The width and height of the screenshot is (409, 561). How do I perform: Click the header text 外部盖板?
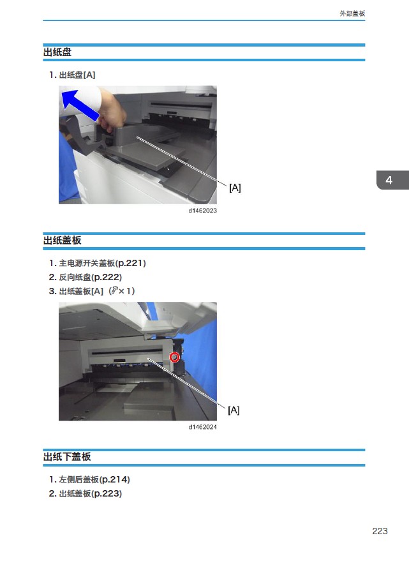point(352,13)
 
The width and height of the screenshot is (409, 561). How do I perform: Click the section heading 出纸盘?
point(57,52)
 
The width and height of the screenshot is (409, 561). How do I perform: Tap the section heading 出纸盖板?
point(63,241)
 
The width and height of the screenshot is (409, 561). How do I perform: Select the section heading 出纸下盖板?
point(67,456)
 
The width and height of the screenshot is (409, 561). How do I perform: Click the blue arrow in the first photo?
point(80,105)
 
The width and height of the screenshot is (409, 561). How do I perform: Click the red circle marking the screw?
point(174,357)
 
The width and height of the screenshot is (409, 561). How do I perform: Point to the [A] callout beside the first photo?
point(235,188)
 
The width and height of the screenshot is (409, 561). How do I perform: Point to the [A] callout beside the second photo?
point(234,410)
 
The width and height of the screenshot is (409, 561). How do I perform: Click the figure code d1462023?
point(202,211)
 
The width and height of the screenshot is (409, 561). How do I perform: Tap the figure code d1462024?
point(202,427)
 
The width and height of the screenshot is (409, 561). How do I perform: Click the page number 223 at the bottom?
point(380,531)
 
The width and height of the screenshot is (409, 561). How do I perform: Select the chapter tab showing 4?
point(392,180)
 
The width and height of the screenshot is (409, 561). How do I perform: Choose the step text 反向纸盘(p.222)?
point(91,277)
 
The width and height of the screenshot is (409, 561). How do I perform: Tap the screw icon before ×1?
point(114,291)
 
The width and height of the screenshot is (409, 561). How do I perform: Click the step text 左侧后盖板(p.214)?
point(94,479)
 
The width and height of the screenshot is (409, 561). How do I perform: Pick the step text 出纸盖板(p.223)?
point(91,494)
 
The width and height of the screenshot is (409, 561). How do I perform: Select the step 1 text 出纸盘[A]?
point(77,75)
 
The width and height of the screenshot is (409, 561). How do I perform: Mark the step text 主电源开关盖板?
point(87,264)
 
